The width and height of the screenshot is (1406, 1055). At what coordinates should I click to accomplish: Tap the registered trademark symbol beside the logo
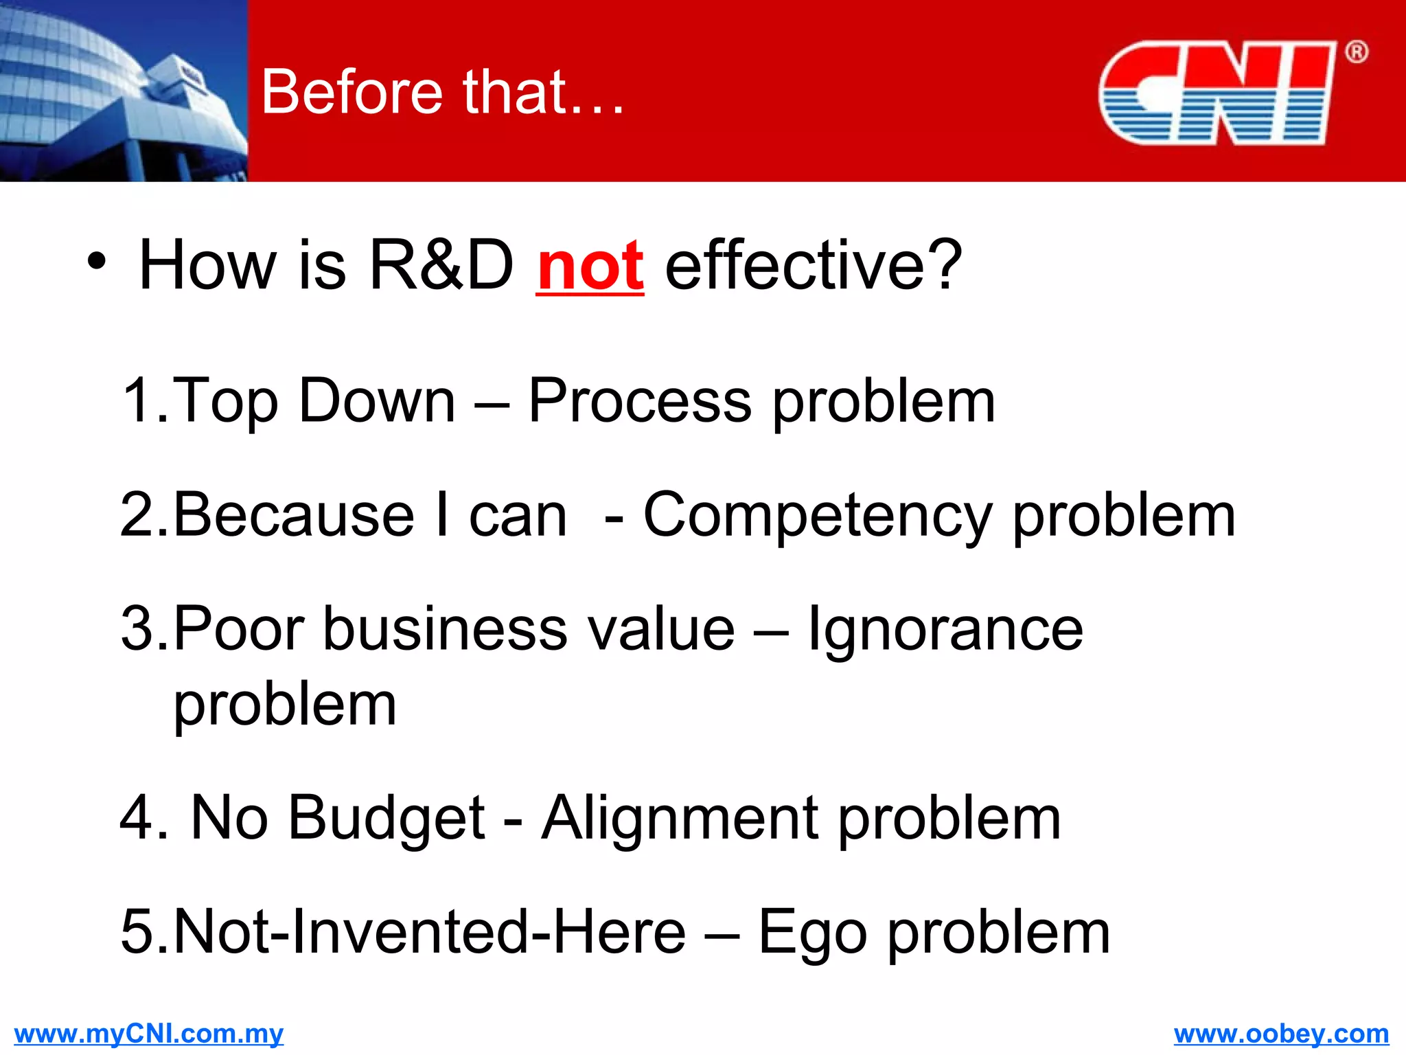pos(1356,52)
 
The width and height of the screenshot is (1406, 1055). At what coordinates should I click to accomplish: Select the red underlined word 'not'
pos(590,266)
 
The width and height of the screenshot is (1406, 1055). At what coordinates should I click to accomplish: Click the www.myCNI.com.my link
pos(148,1034)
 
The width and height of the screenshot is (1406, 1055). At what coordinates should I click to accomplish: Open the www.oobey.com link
pos(1281,1034)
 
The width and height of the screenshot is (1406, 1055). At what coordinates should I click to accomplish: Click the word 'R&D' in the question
pos(441,265)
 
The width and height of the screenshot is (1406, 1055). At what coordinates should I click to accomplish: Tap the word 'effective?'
pos(814,265)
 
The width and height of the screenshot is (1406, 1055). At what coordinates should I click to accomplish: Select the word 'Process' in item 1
pos(640,401)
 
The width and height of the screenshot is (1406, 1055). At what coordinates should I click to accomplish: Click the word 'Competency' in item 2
pos(817,517)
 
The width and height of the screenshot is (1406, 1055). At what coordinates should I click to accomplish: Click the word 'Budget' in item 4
pos(387,819)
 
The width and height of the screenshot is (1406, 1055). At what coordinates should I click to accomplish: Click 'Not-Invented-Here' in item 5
pos(430,932)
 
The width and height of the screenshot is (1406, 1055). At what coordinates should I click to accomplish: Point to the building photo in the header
pos(124,91)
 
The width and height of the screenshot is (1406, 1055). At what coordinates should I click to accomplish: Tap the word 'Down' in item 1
pos(377,401)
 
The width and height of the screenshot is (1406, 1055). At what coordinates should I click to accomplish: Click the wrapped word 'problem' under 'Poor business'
pos(285,706)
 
